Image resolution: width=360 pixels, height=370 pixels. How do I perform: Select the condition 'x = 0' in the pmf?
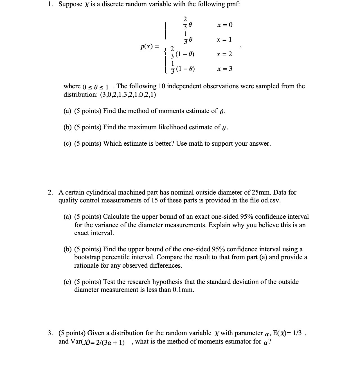[225, 25]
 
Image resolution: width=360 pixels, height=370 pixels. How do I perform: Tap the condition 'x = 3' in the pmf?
[225, 69]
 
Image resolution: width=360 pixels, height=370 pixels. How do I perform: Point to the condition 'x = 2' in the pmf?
[224, 54]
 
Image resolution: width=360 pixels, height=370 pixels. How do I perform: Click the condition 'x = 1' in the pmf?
[224, 40]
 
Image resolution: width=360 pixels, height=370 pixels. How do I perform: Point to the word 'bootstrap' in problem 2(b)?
[86, 257]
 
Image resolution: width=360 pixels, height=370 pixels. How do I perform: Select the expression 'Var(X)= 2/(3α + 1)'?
[96, 342]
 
